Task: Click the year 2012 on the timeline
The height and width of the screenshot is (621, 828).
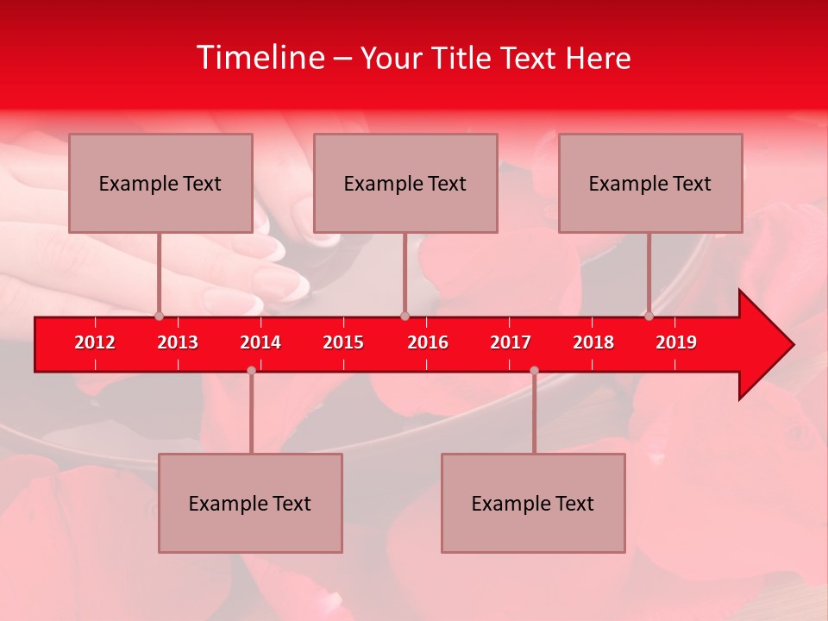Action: point(95,342)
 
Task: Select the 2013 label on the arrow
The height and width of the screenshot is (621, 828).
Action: point(178,342)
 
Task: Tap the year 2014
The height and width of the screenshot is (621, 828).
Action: point(260,342)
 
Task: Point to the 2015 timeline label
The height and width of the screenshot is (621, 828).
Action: point(343,342)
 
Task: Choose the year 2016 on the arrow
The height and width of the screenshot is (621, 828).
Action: point(428,342)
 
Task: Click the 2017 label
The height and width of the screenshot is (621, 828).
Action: point(511,342)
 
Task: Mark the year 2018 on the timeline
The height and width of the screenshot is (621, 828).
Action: point(593,342)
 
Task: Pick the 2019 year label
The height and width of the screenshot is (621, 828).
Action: point(676,342)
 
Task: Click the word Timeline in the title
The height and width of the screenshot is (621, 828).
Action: point(259,58)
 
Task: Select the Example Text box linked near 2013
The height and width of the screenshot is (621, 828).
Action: point(160,183)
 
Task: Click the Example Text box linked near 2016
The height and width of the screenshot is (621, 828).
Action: point(405,183)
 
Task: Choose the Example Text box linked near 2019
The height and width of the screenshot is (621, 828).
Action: point(650,183)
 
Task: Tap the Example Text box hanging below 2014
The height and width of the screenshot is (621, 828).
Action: point(250,503)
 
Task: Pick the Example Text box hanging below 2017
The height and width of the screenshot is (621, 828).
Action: point(533,503)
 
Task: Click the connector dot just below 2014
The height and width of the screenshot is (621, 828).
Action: point(251,370)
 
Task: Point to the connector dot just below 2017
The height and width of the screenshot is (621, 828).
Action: point(534,370)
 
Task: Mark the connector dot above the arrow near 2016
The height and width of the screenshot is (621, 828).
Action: point(405,316)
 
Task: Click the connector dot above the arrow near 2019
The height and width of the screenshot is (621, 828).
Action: point(649,316)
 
